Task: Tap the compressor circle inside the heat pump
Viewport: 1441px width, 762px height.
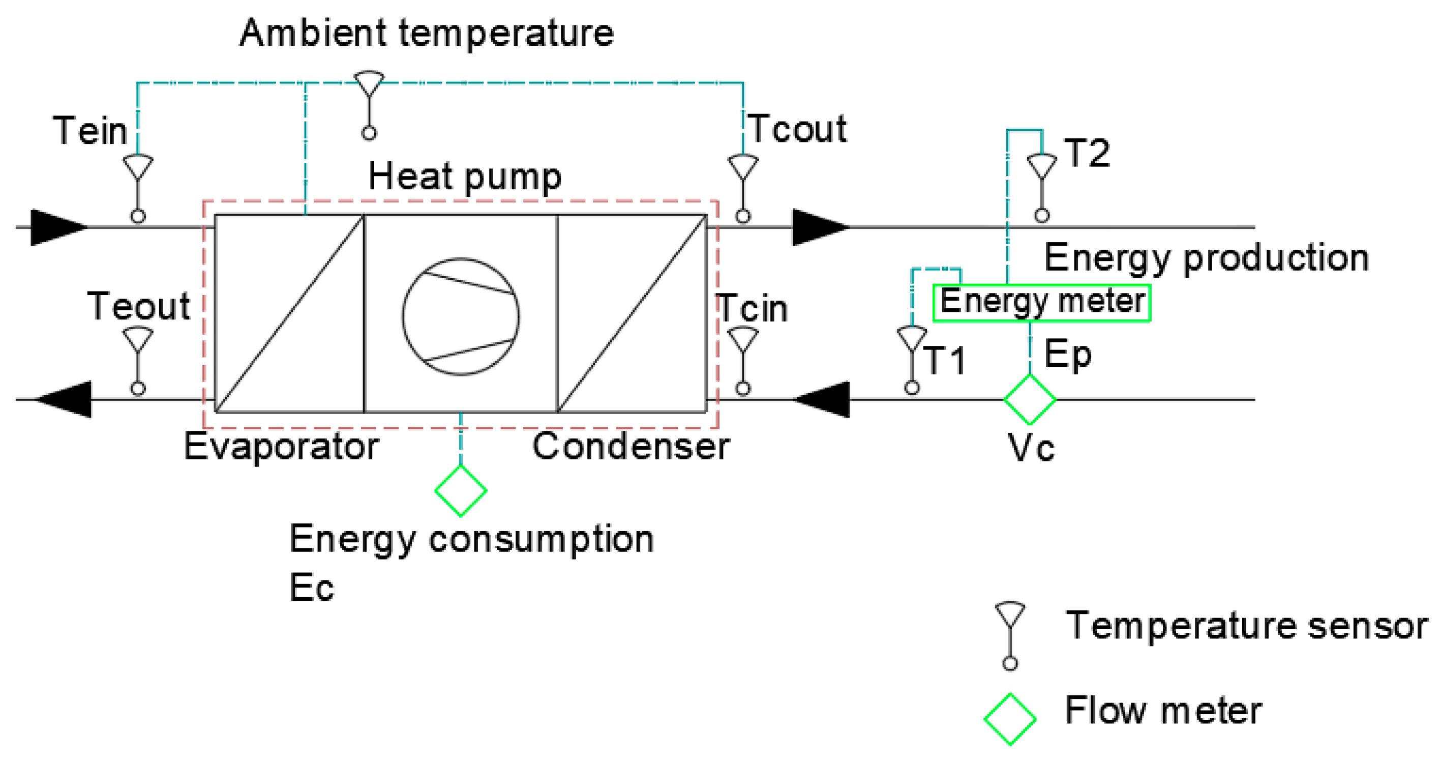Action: click(x=460, y=317)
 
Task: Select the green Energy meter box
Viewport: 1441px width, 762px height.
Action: click(x=1041, y=303)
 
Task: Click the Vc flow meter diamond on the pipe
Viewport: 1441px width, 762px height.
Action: click(x=1029, y=399)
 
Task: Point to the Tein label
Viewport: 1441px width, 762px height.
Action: click(x=90, y=131)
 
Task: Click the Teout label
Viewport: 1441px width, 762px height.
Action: click(x=139, y=307)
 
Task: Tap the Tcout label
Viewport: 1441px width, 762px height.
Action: click(x=797, y=129)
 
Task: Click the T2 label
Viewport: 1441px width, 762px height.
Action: click(x=1087, y=153)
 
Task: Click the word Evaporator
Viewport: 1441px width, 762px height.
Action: click(x=281, y=447)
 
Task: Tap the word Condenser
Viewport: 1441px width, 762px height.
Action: click(x=631, y=447)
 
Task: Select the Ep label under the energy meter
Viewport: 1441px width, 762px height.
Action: click(x=1067, y=355)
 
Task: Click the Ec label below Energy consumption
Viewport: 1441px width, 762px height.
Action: click(x=311, y=588)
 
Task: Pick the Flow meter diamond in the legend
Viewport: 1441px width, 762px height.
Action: click(x=1010, y=719)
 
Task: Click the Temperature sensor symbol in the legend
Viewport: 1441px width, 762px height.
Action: click(x=1010, y=634)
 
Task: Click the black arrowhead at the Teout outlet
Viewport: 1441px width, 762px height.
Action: click(x=65, y=399)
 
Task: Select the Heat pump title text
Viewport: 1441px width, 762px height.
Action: click(x=464, y=177)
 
